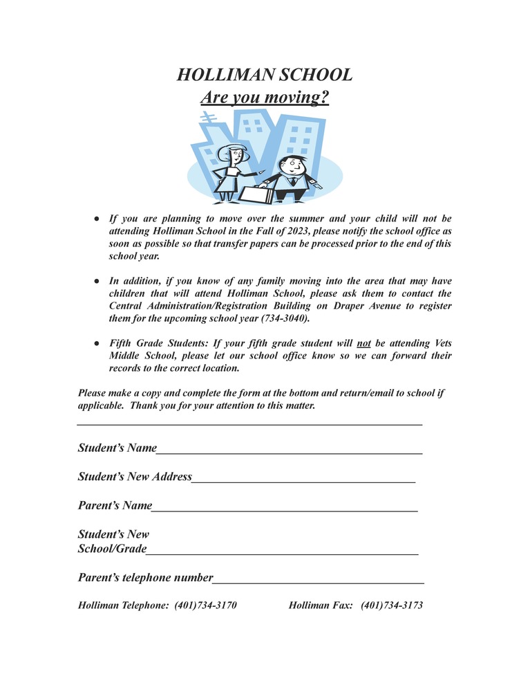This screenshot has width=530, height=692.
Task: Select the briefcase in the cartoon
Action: (x=256, y=195)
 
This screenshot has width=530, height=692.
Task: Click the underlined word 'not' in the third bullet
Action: (x=364, y=343)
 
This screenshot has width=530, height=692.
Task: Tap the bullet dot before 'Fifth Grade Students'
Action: (x=97, y=343)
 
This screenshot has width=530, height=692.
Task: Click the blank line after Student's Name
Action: (x=290, y=451)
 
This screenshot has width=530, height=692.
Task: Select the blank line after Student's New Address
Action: (x=303, y=480)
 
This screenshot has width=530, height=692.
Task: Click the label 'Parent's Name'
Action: (x=115, y=506)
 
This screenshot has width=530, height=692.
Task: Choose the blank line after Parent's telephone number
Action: (x=319, y=581)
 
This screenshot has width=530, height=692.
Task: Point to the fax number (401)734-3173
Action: (x=392, y=605)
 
